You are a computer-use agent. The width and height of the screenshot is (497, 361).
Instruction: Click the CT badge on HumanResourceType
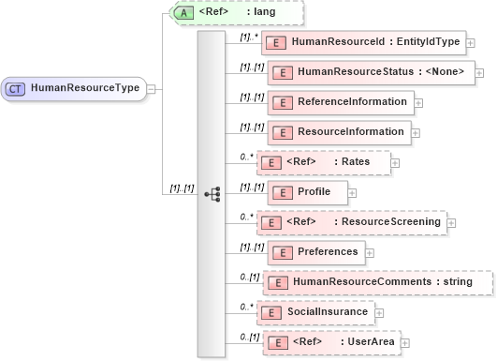[16, 88]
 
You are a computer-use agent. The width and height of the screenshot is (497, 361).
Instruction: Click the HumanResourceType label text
[85, 88]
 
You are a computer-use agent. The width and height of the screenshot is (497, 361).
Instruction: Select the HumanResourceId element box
[361, 42]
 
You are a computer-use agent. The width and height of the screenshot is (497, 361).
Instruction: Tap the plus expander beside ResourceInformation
[415, 132]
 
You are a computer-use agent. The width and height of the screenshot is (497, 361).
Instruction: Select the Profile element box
[307, 193]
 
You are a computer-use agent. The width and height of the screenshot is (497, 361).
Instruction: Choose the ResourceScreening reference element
[351, 222]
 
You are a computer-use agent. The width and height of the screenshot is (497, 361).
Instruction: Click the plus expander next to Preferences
[370, 252]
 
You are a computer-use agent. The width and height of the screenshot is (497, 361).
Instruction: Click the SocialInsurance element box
[327, 310]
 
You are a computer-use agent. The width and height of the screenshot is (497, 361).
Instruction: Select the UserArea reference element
[329, 342]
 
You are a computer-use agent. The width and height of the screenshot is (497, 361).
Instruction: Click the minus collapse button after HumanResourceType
[152, 88]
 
